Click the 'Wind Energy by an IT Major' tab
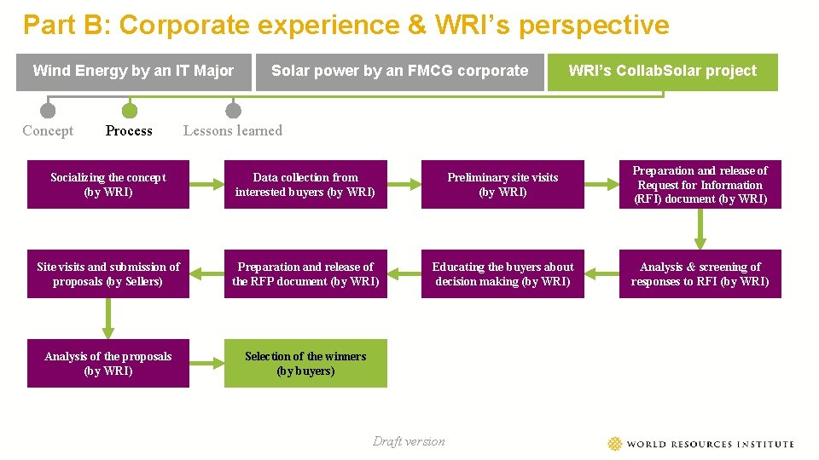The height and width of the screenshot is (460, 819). (x=133, y=72)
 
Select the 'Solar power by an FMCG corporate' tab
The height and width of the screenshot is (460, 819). (x=399, y=72)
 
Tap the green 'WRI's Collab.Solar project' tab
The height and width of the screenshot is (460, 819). (x=662, y=72)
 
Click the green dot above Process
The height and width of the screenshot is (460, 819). (x=129, y=111)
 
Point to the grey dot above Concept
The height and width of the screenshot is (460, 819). (x=48, y=111)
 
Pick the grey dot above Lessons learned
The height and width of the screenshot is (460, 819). (x=233, y=111)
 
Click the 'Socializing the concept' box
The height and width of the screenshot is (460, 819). (x=108, y=185)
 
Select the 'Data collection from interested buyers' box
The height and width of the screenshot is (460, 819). (x=305, y=185)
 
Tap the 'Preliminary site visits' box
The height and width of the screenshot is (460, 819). (x=502, y=185)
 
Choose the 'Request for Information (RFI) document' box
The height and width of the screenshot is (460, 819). (x=700, y=185)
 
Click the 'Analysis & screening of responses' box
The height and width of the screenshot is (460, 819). (x=700, y=274)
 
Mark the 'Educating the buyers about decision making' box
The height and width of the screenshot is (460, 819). (x=502, y=274)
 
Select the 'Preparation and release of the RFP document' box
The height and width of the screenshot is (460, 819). (x=305, y=274)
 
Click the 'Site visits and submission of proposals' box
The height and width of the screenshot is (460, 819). (x=108, y=274)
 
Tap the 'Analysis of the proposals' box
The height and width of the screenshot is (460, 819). (x=108, y=364)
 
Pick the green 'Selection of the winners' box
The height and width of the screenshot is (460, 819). (x=305, y=364)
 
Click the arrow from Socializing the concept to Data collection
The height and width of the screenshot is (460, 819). (x=206, y=185)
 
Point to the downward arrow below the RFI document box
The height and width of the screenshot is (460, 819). (x=700, y=229)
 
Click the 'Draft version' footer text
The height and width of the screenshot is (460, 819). (x=409, y=441)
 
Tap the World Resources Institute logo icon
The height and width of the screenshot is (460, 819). (x=615, y=444)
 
